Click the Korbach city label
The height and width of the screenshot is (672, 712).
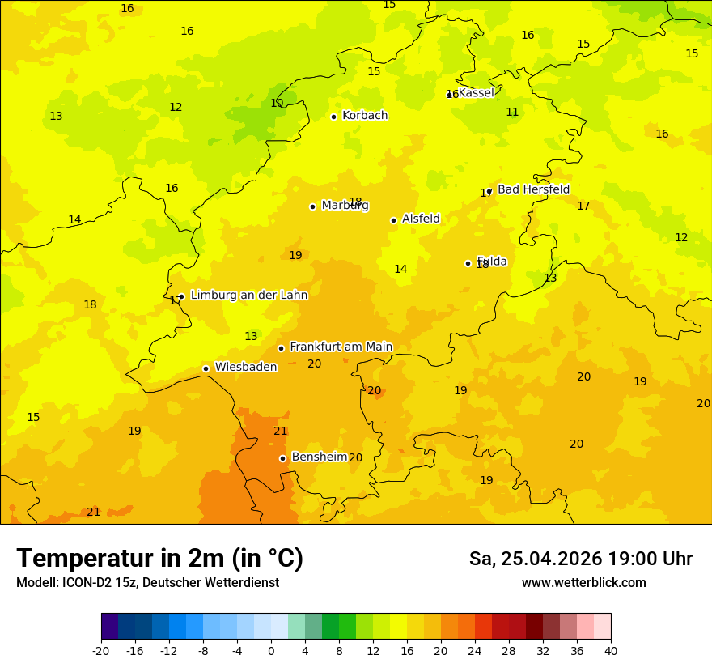click(x=365, y=116)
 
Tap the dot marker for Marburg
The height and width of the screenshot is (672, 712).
click(x=312, y=206)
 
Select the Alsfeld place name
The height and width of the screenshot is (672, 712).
click(x=421, y=219)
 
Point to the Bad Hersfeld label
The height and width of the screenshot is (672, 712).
click(x=533, y=189)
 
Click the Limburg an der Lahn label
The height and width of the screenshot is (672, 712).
click(x=249, y=296)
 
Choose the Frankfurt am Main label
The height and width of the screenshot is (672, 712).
click(x=341, y=347)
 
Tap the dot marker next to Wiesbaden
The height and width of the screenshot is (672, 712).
click(x=206, y=368)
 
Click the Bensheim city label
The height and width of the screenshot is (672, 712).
click(x=319, y=457)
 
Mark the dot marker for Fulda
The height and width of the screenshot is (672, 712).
click(x=468, y=263)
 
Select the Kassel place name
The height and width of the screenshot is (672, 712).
click(x=477, y=93)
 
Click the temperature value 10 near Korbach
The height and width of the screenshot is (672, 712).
click(x=277, y=103)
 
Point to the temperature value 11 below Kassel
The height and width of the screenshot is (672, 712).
click(x=512, y=112)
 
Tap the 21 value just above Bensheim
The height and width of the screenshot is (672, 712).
click(x=280, y=431)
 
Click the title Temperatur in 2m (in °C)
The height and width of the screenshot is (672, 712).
click(x=159, y=559)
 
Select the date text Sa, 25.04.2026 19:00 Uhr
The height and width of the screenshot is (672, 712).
click(x=580, y=559)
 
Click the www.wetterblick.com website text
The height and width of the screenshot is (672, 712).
click(x=583, y=582)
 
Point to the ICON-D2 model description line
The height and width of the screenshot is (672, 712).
click(x=147, y=582)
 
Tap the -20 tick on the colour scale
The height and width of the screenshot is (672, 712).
click(x=101, y=650)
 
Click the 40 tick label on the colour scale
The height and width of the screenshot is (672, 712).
click(x=611, y=650)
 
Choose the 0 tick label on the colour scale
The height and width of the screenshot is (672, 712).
click(x=271, y=650)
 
